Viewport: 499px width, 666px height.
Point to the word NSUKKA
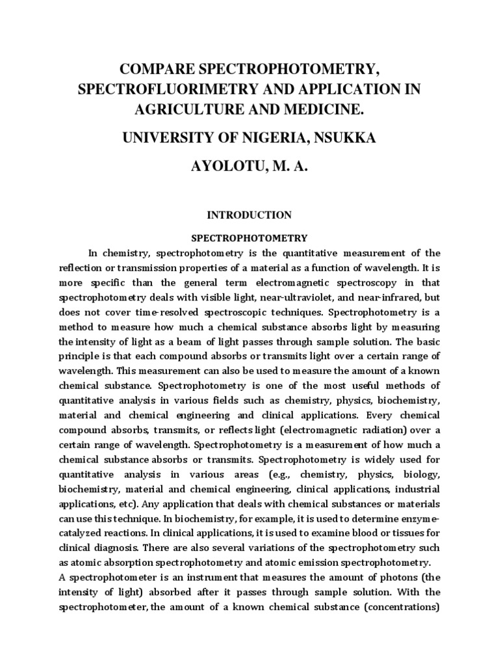(x=343, y=139)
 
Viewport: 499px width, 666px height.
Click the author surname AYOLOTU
(x=220, y=168)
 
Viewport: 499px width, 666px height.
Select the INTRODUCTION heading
(x=249, y=215)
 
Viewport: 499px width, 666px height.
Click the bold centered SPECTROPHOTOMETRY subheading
(x=249, y=238)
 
